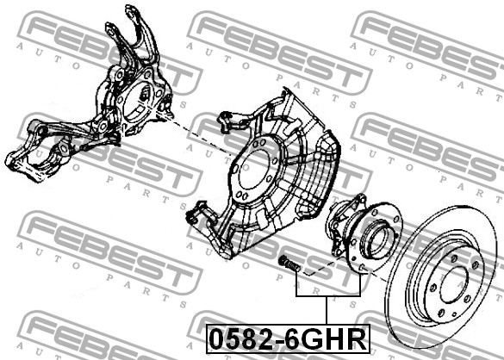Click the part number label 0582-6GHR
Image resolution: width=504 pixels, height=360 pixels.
[x=288, y=338]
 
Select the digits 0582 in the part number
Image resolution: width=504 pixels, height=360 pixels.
[x=246, y=339]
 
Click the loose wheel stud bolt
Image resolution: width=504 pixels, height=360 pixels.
[x=289, y=264]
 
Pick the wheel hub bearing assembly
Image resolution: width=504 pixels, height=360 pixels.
[x=364, y=234]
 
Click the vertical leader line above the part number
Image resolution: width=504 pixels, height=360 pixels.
[x=327, y=310]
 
